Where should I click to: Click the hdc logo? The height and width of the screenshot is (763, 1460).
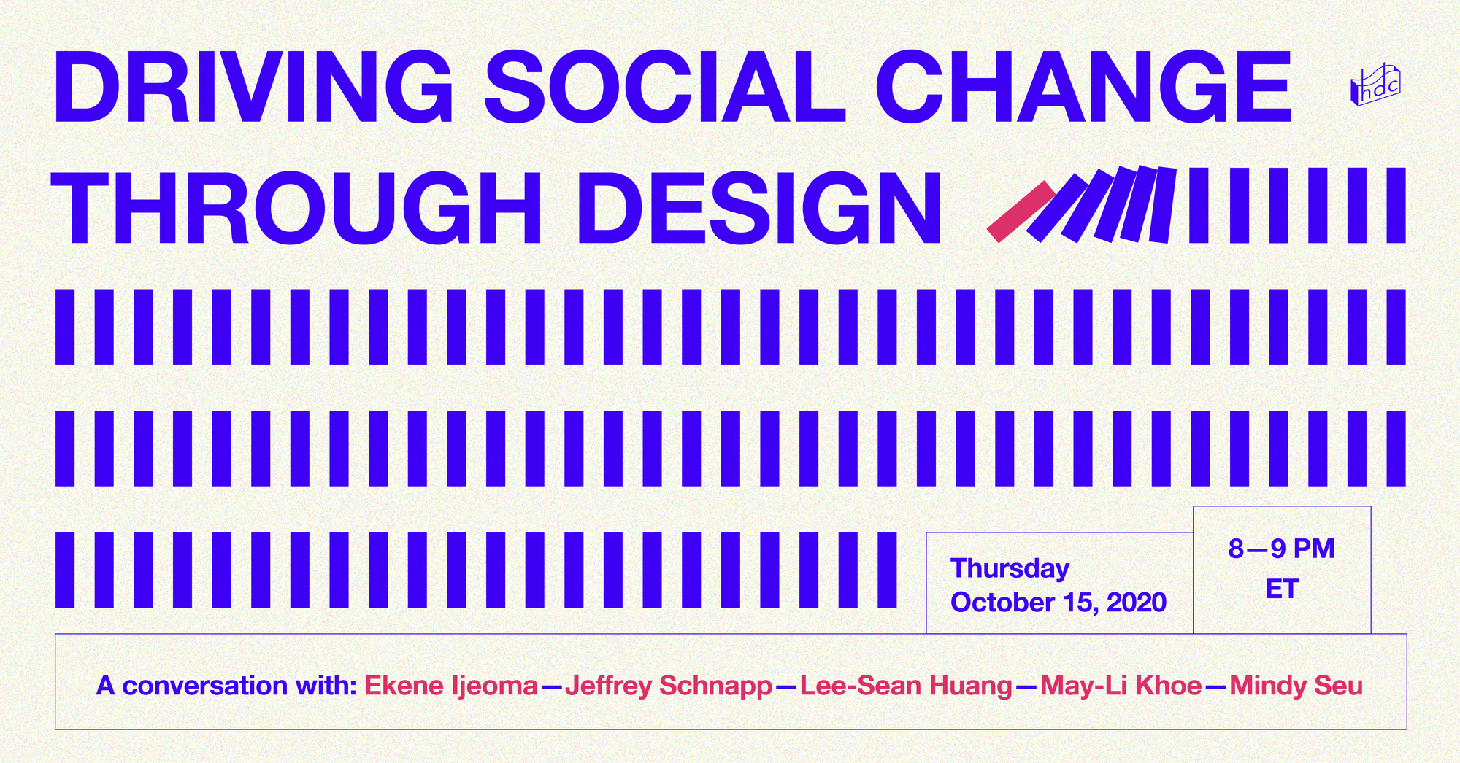[1375, 85]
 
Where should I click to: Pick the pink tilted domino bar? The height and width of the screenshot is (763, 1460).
[1021, 212]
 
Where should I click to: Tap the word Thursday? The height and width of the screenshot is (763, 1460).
[1010, 568]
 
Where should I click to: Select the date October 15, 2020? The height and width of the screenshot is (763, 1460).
[1058, 603]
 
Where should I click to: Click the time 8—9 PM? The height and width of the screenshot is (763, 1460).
[1281, 549]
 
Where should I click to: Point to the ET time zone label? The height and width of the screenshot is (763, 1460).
[1281, 589]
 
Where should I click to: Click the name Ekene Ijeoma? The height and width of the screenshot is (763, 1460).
[450, 686]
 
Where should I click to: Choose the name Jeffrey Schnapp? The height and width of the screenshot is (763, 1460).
[669, 686]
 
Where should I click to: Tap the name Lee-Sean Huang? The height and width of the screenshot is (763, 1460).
[906, 686]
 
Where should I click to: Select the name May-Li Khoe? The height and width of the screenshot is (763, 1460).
[1121, 686]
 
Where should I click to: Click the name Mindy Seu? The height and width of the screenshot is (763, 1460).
[1296, 686]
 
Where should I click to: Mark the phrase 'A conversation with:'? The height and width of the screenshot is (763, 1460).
[226, 686]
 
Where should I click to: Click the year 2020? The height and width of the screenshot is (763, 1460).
[1136, 603]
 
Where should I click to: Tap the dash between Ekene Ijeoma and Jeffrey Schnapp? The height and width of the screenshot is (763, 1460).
[551, 686]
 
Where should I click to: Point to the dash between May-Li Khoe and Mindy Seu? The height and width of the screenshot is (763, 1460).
[1215, 686]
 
